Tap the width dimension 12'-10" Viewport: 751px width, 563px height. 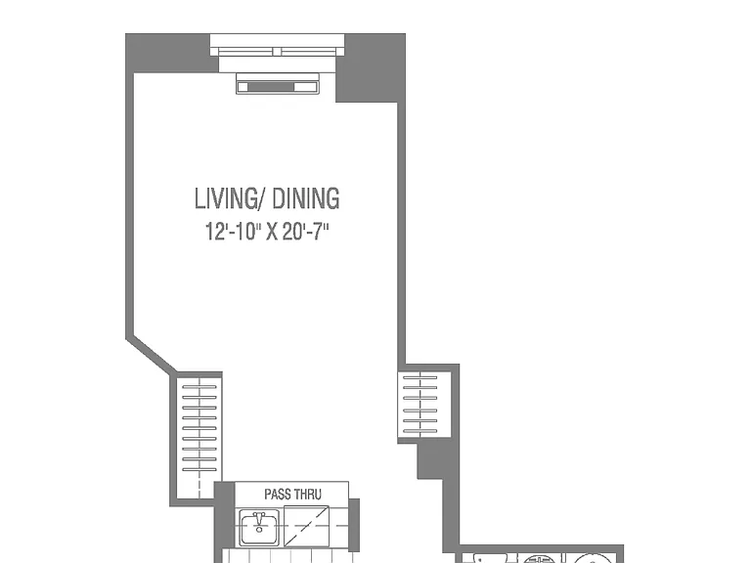coord(233,232)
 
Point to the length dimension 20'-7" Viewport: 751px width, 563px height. coord(305,232)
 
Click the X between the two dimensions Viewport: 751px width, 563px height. coord(272,233)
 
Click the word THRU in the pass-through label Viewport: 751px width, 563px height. coord(308,494)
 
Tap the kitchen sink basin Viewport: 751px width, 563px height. coord(259,527)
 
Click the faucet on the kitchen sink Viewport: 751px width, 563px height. coord(259,519)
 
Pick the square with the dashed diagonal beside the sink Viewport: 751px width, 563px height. coord(306,526)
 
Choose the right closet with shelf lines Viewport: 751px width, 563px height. coord(424,405)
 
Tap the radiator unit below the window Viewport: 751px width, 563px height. coord(278,83)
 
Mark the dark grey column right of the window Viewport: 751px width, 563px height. coord(371,67)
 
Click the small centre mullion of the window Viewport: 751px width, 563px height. coord(278,52)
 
